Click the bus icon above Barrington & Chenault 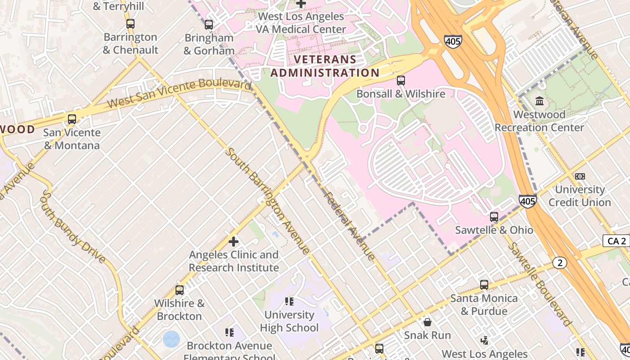point(130,24)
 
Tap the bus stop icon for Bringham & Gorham point(208,25)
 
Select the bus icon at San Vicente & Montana point(72,119)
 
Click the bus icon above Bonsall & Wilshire point(400,81)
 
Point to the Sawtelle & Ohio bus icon point(494,217)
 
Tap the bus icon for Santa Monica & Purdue point(484,285)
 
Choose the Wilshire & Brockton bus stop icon point(180,290)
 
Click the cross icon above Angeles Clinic point(234,242)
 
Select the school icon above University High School point(289,301)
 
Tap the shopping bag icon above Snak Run point(427,322)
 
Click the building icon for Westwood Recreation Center point(539,101)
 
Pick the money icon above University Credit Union point(580,176)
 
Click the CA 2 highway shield point(616,241)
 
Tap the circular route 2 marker point(560,263)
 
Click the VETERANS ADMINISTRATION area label point(325,66)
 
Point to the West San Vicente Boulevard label point(179,93)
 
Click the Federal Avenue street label point(349,226)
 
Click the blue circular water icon point(171,339)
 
